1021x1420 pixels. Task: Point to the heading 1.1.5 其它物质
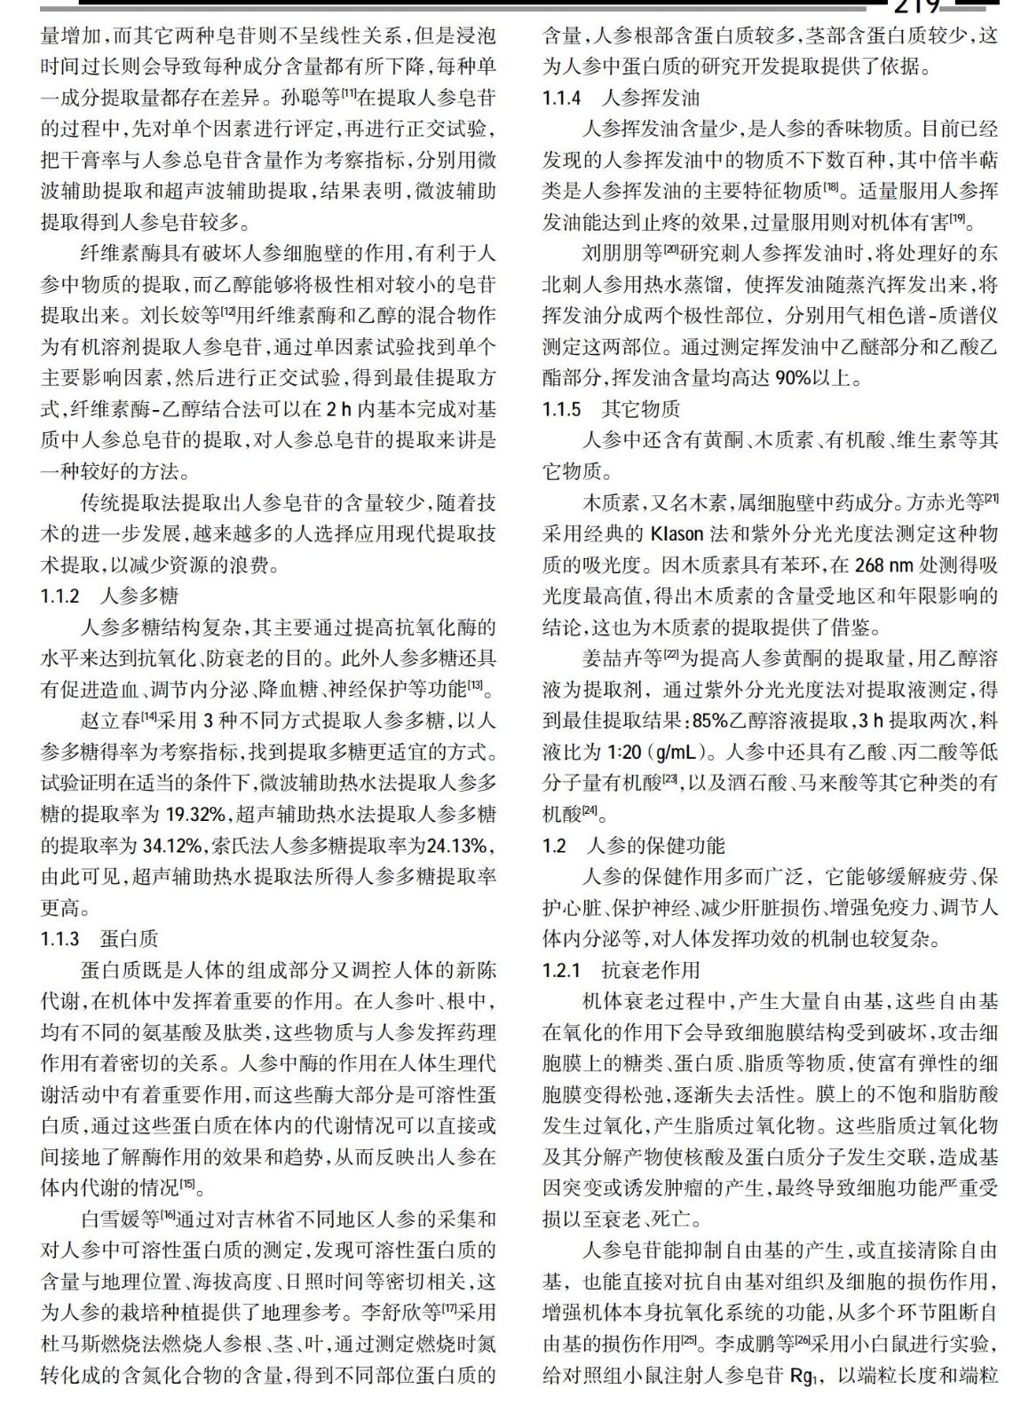pyautogui.click(x=612, y=409)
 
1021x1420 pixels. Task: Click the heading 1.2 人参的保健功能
pyautogui.click(x=634, y=845)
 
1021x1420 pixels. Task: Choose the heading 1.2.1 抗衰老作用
pyautogui.click(x=621, y=970)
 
